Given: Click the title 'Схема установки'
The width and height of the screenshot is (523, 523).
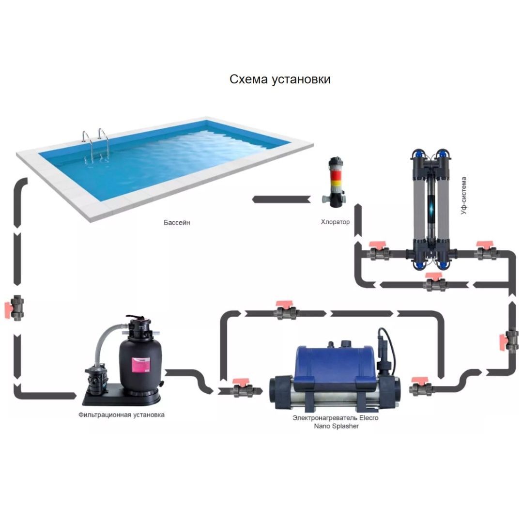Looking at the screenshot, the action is (280, 79).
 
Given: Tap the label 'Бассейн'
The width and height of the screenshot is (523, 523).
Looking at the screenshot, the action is (177, 222).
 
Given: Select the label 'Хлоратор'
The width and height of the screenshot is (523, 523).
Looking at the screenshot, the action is (335, 222).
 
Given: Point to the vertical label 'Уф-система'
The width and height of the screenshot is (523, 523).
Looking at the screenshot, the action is (463, 196).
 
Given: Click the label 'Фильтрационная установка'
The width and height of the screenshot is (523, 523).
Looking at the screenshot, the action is (122, 415).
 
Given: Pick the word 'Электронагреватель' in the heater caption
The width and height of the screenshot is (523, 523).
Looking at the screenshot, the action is (324, 417).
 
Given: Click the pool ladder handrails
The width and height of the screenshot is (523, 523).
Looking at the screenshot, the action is (96, 146).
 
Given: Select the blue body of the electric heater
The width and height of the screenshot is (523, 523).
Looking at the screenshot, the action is (335, 365).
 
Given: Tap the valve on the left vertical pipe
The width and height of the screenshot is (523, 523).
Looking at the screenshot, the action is (15, 308).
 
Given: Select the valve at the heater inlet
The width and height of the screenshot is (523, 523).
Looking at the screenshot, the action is (242, 388).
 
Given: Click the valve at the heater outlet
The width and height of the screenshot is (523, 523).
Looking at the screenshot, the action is (421, 387).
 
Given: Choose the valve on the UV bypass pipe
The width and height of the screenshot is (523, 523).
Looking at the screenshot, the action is (435, 282).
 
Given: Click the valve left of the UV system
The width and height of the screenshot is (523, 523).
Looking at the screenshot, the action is (379, 251).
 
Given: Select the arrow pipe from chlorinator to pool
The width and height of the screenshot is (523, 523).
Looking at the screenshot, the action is (281, 200).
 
